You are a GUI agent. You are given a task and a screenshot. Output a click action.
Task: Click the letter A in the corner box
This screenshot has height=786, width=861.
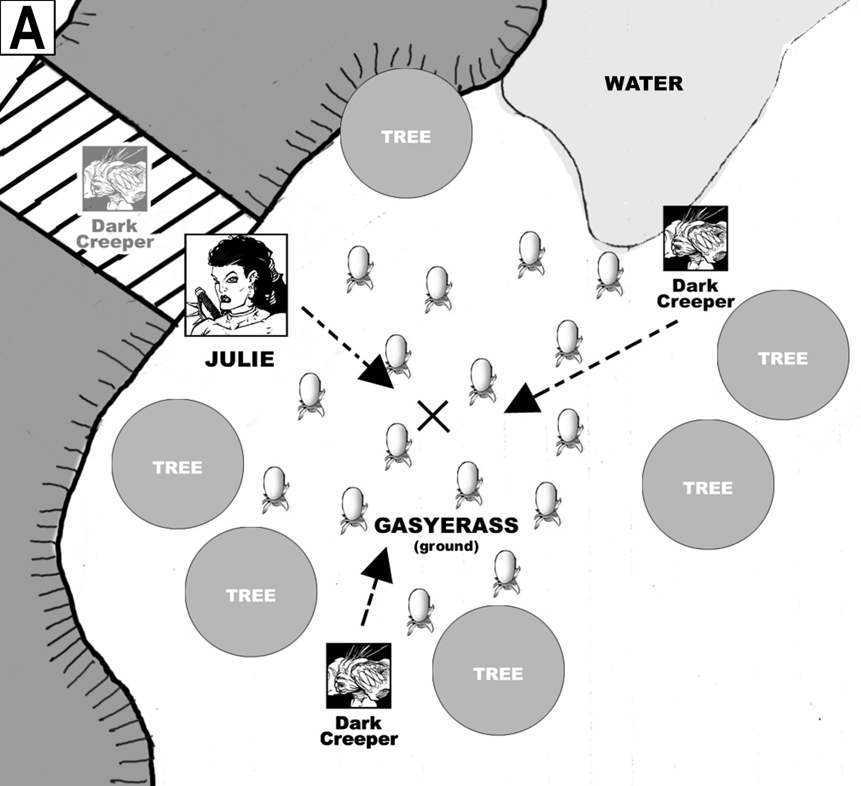point(27,27)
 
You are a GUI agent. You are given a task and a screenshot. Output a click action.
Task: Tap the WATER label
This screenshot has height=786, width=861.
point(643,83)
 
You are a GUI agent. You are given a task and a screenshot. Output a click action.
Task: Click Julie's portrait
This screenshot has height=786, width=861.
point(236,285)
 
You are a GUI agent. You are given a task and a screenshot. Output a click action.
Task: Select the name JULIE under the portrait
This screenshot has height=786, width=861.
point(239,359)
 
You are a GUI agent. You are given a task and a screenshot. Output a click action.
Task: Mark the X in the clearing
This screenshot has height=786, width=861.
point(433,416)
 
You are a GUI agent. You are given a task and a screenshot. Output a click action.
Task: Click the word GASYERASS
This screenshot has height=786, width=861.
point(446,525)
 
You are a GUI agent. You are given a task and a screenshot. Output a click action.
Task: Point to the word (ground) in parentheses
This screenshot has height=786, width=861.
point(446,546)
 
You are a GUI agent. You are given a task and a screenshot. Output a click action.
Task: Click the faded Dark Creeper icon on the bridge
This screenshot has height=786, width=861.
point(115,179)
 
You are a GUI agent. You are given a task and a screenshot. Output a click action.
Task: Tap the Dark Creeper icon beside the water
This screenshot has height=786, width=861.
point(695,238)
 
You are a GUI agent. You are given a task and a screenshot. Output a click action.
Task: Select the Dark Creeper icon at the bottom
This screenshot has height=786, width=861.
point(359,676)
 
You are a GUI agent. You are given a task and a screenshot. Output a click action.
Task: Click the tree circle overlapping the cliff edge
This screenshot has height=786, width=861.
point(406,133)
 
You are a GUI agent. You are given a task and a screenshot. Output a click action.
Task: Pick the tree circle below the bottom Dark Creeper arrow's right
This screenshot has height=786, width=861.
point(498,671)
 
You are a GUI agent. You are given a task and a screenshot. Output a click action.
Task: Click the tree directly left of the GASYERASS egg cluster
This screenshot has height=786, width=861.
point(178,464)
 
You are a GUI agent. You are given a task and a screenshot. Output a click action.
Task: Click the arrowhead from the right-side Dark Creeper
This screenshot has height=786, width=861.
point(522,399)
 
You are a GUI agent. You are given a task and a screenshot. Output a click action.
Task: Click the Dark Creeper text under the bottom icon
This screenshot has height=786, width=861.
point(359,731)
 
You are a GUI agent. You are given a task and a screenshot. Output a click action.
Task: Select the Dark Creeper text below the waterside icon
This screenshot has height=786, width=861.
point(695,294)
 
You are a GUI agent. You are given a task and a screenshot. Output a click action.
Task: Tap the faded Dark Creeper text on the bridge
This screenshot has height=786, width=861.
point(115,234)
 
